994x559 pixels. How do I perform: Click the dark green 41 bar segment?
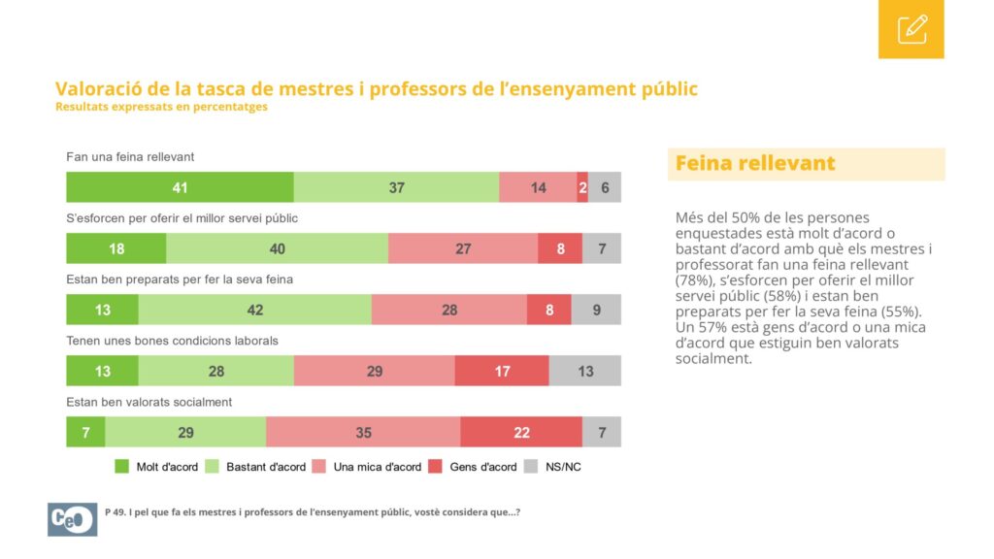click(180, 187)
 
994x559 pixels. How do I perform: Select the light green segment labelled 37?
click(396, 187)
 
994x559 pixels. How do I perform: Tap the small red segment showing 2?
click(582, 187)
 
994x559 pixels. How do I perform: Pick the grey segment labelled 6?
click(605, 187)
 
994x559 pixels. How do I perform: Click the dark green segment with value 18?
click(116, 248)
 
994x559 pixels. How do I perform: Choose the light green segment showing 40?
click(277, 248)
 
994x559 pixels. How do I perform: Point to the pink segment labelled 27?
click(463, 248)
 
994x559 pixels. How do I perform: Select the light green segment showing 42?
click(255, 310)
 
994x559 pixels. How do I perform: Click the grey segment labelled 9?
click(597, 310)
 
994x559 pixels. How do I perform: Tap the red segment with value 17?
click(502, 371)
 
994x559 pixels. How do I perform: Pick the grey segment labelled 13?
click(585, 371)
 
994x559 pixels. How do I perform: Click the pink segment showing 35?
click(363, 432)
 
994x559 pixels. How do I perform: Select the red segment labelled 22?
click(521, 432)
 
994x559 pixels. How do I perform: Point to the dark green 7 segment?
click(85, 432)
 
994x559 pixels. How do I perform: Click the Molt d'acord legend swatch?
click(121, 467)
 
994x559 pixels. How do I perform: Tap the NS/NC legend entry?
click(553, 467)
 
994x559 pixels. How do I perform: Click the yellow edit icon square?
click(911, 29)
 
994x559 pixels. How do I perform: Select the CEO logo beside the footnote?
click(72, 519)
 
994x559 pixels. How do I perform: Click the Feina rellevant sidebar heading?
click(755, 163)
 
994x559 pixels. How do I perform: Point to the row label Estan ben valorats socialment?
click(149, 402)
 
